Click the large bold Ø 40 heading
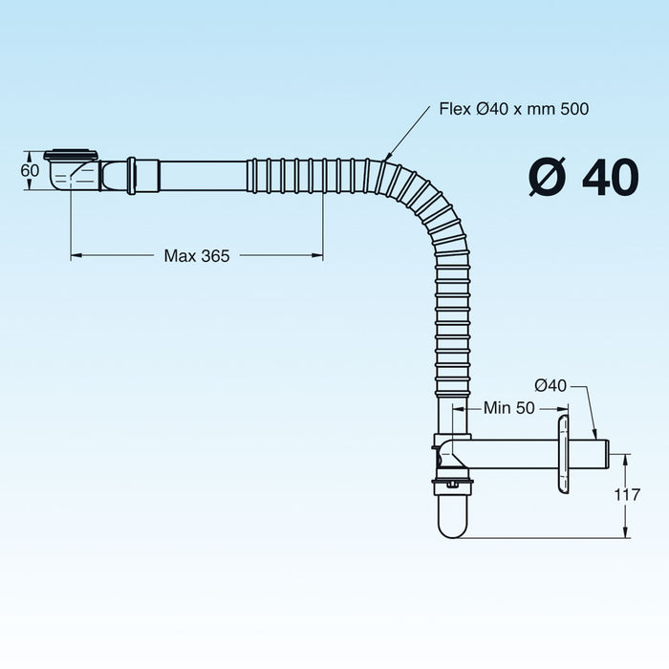coord(584,177)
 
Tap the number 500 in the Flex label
coord(574,109)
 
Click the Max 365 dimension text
coord(197,255)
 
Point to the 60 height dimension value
coord(30,170)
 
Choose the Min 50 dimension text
coord(508,408)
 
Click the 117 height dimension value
coord(627,494)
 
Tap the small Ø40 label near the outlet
coord(550,386)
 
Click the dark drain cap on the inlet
coord(72,155)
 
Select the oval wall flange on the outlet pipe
coord(563,455)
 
